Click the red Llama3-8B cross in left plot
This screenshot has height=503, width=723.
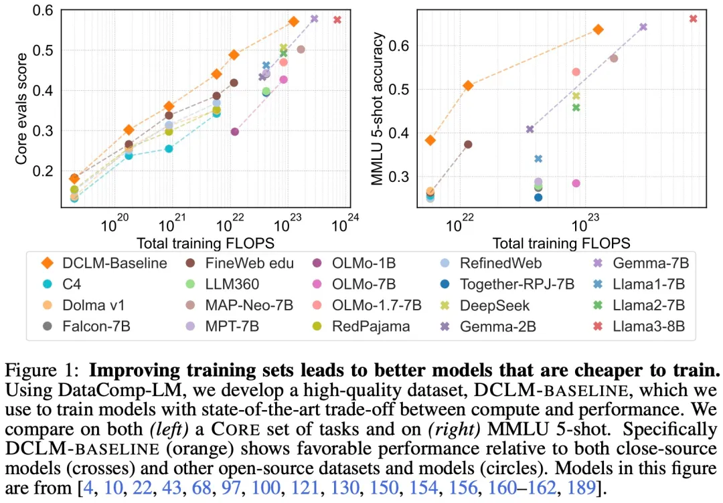[x=337, y=19]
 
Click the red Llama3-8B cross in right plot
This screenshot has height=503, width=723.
[x=694, y=19]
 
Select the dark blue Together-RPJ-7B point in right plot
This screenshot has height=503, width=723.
[x=538, y=197]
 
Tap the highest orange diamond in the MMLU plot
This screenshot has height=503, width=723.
[x=598, y=29]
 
